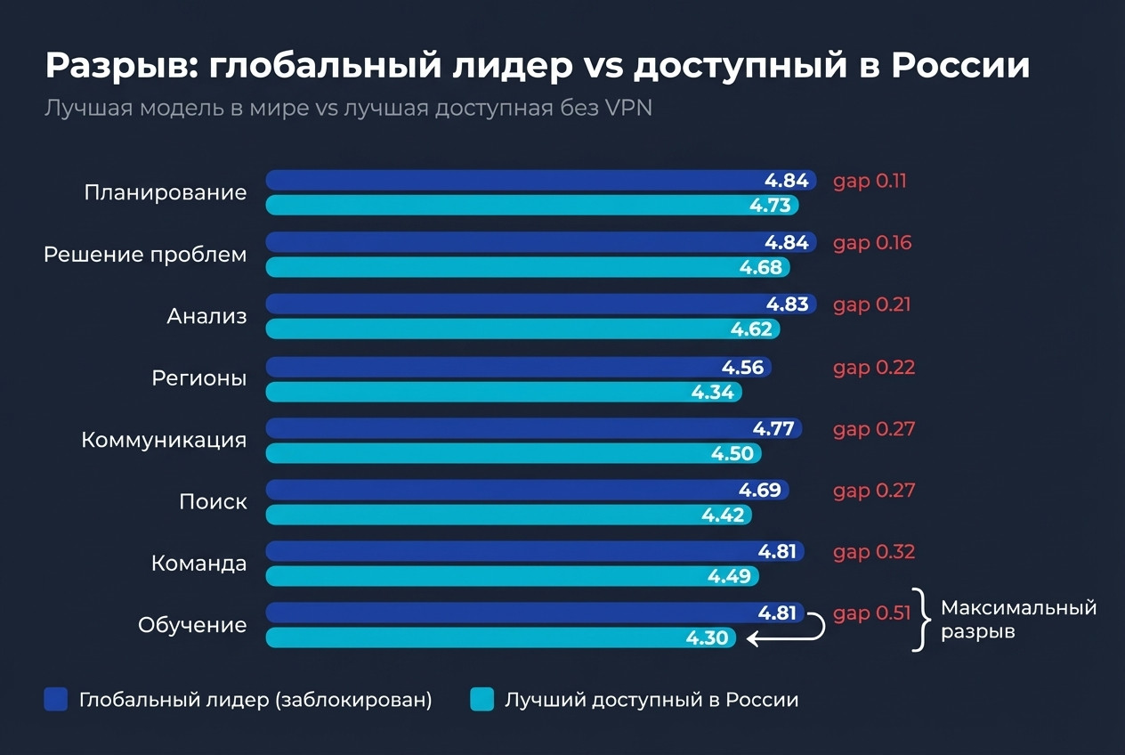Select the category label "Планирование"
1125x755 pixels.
click(165, 192)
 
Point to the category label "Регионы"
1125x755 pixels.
click(198, 377)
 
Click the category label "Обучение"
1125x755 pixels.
click(192, 625)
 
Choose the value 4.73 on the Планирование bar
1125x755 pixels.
click(770, 206)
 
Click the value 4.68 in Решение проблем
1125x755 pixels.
click(760, 267)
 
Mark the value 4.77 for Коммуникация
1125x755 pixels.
click(773, 428)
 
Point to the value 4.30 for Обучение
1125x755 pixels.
click(707, 637)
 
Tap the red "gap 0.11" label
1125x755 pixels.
click(870, 181)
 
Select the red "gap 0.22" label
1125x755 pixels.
click(873, 367)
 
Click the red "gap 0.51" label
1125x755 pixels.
click(872, 613)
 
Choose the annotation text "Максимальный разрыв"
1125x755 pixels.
click(1018, 620)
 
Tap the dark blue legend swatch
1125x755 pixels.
click(56, 700)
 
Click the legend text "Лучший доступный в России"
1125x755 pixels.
click(652, 700)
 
